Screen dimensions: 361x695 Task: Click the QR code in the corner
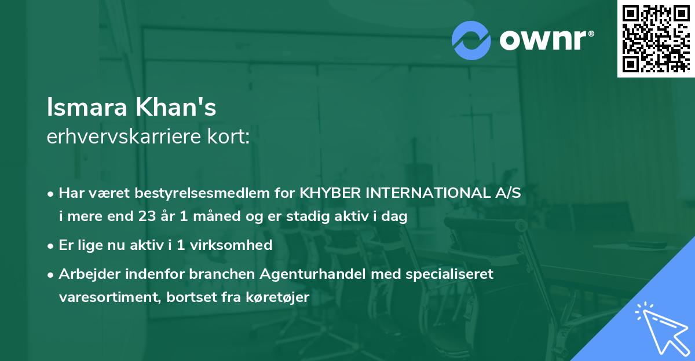tap(656, 39)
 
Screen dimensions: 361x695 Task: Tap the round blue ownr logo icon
tap(471, 40)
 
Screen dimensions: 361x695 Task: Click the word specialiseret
tap(448, 274)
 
